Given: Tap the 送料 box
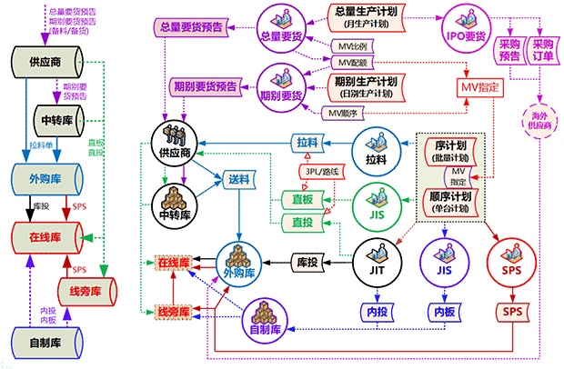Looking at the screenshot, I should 239,180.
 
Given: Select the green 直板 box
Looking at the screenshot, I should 297,199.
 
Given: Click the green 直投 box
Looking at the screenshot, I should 297,222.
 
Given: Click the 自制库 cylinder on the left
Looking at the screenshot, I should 45,343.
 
